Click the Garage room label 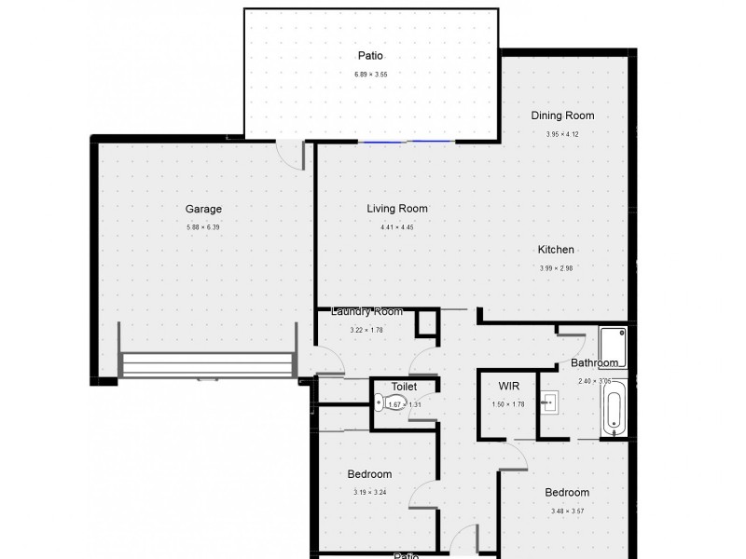click(203, 210)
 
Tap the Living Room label click(396, 209)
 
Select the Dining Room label click(562, 116)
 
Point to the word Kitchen click(556, 250)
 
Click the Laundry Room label click(366, 311)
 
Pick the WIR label click(509, 386)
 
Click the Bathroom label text click(595, 362)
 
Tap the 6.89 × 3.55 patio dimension click(370, 74)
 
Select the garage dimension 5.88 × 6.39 click(203, 227)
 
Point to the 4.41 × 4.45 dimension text click(396, 227)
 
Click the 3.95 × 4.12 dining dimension click(562, 134)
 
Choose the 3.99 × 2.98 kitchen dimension click(556, 268)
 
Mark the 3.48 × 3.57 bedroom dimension click(567, 511)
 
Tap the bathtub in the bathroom click(614, 412)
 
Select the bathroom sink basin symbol click(552, 402)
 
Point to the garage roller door click(207, 363)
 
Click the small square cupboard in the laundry click(426, 322)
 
